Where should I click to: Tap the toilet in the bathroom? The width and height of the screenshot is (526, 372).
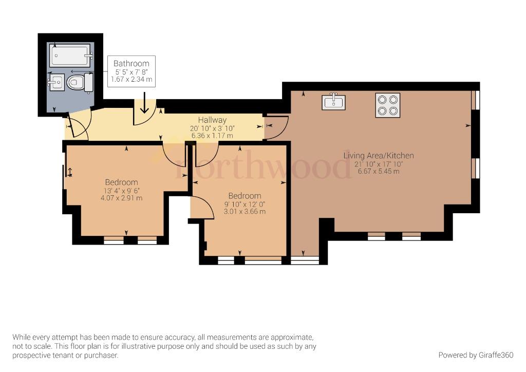click(x=80, y=82)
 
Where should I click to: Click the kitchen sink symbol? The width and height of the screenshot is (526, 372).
click(x=333, y=102)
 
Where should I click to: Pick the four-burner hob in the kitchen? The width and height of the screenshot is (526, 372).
click(x=388, y=105)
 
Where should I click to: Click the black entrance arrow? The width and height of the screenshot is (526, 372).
click(x=144, y=103)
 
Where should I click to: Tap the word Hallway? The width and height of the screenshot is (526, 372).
click(x=212, y=120)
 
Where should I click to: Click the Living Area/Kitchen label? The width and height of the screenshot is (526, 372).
click(x=379, y=156)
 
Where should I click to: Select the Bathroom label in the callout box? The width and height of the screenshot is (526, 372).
click(x=131, y=63)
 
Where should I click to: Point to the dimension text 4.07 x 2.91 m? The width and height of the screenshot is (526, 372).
click(x=121, y=198)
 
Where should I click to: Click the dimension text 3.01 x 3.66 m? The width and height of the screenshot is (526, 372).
click(x=245, y=211)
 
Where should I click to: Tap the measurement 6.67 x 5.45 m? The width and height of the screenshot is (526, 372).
click(x=379, y=171)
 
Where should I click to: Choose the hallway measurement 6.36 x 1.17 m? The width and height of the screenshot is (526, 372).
click(x=212, y=136)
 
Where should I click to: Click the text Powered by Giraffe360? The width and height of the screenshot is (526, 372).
click(x=476, y=355)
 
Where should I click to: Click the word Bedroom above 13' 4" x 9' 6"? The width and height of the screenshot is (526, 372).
click(x=121, y=182)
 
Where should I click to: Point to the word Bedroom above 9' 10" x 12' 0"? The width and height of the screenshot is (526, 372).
click(x=245, y=196)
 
